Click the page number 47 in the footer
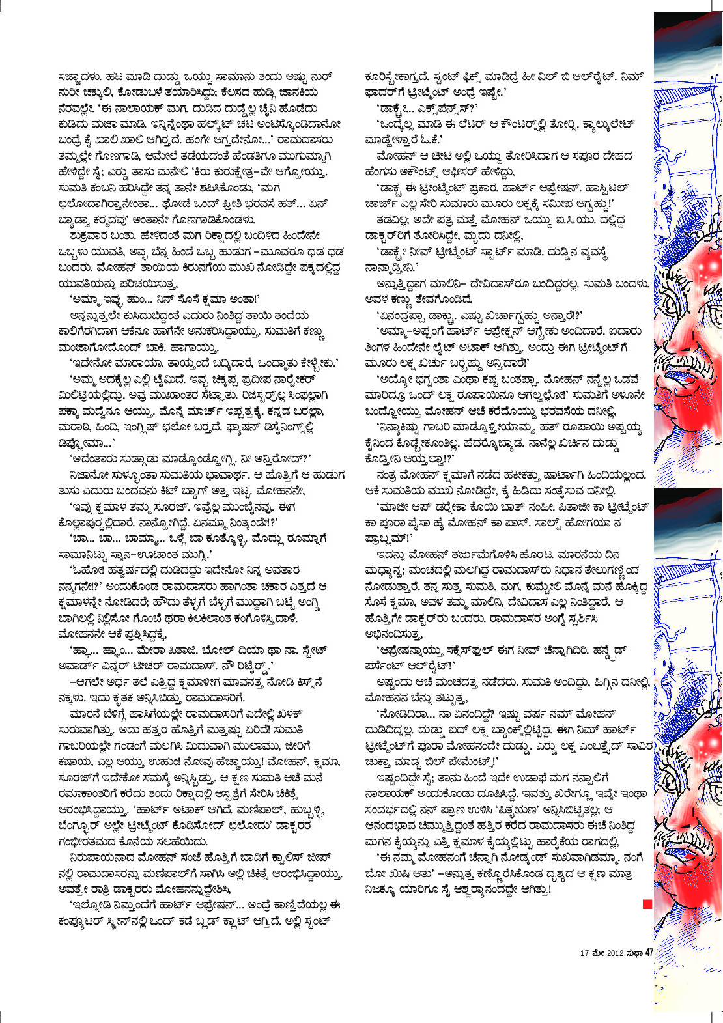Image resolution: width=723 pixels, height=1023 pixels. tap(649, 953)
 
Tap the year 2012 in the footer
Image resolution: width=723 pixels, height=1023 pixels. tap(616, 953)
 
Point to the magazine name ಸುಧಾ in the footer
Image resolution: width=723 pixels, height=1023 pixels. tap(634, 953)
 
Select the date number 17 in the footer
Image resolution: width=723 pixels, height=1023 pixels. tap(584, 953)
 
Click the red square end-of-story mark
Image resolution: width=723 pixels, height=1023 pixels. tap(647, 904)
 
